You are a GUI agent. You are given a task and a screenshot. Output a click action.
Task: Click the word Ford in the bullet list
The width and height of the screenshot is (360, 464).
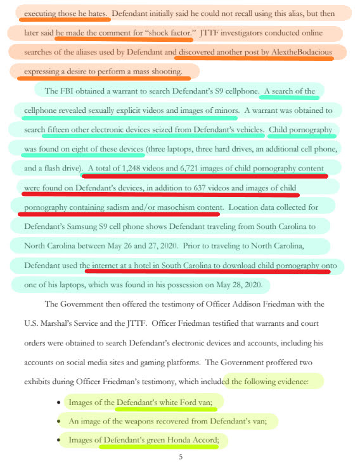189,402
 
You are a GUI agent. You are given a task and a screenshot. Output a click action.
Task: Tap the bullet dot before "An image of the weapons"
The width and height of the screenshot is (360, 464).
58,421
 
